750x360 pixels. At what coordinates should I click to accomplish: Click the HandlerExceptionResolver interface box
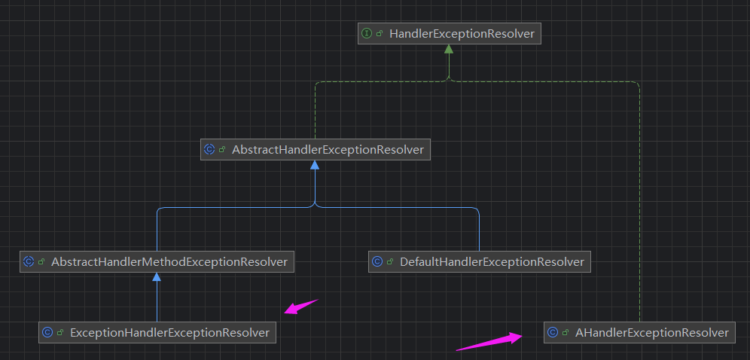point(450,33)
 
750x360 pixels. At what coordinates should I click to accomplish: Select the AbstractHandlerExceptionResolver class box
point(315,149)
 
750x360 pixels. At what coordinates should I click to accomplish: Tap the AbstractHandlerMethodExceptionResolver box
point(157,261)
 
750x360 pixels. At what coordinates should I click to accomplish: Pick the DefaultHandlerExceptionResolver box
point(480,261)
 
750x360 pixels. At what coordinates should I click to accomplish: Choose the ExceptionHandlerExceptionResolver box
point(157,331)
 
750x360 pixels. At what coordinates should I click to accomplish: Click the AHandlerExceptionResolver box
point(639,331)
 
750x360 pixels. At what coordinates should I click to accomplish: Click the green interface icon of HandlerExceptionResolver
point(367,33)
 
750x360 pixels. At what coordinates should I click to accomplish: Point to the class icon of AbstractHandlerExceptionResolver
point(209,149)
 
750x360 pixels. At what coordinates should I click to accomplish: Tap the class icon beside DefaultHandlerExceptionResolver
point(377,261)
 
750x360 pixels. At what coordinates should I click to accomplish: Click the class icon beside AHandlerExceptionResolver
point(552,331)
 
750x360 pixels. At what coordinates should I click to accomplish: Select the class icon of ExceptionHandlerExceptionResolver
point(47,331)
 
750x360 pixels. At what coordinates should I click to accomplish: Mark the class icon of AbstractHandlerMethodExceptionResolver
point(29,261)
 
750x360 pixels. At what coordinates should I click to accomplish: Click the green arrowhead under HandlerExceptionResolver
point(449,50)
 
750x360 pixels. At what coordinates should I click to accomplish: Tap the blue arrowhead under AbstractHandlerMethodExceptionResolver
point(157,278)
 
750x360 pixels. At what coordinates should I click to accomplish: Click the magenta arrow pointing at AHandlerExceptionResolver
point(489,342)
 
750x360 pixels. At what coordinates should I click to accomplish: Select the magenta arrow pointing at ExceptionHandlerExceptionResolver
point(300,307)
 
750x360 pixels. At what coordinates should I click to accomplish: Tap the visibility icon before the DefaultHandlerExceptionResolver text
point(390,262)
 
